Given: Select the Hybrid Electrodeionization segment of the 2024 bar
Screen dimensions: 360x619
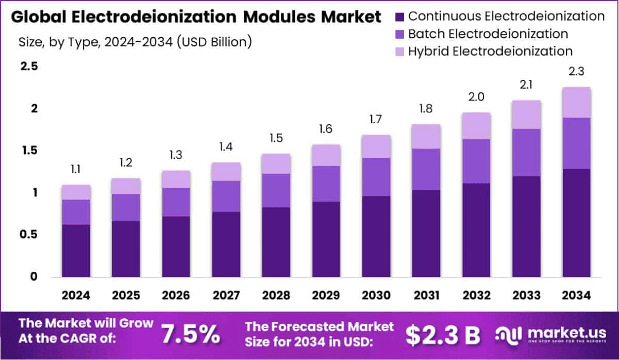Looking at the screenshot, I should click(76, 192).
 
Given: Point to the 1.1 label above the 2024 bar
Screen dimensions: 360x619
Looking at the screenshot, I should click(76, 169).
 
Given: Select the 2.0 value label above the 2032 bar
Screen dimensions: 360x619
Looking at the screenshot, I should click(476, 97).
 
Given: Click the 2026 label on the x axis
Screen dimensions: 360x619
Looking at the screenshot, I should click(176, 296).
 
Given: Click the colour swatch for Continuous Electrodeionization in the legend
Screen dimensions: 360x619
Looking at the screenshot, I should click(400, 17).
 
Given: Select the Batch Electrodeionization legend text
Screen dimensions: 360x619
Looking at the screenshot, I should click(488, 34).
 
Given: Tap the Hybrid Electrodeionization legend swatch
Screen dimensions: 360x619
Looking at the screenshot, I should click(400, 51).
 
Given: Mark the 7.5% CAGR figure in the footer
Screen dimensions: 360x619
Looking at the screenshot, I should click(190, 334).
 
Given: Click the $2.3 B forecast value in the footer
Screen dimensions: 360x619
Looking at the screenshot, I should click(442, 335).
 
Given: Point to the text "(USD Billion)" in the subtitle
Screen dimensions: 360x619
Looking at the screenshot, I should click(214, 42).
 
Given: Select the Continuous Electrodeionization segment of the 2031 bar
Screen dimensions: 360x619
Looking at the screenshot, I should click(426, 233).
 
